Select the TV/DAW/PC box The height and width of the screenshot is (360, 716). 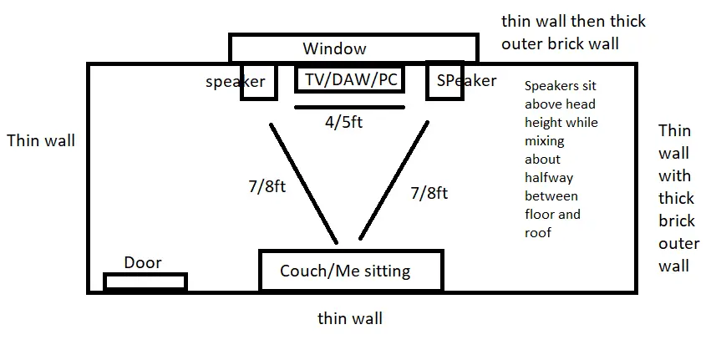point(349,79)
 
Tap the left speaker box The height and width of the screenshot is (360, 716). point(258,81)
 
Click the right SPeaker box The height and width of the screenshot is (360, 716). point(444,81)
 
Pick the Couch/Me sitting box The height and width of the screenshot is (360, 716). point(350,271)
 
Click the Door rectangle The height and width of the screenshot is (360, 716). point(145,281)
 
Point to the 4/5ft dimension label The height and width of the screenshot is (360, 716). point(343,122)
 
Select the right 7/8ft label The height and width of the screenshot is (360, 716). point(429,193)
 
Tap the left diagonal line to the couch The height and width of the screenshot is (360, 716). point(302,184)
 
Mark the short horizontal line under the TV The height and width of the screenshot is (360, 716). point(349,107)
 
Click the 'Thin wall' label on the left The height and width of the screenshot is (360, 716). point(40,140)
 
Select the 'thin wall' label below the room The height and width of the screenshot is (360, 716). point(350,318)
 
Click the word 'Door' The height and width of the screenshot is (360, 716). point(143,263)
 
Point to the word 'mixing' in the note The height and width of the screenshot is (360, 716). point(545,141)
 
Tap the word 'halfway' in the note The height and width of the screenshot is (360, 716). point(549,178)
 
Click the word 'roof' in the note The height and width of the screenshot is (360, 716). point(538,233)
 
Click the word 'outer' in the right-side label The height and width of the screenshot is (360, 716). point(678,244)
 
